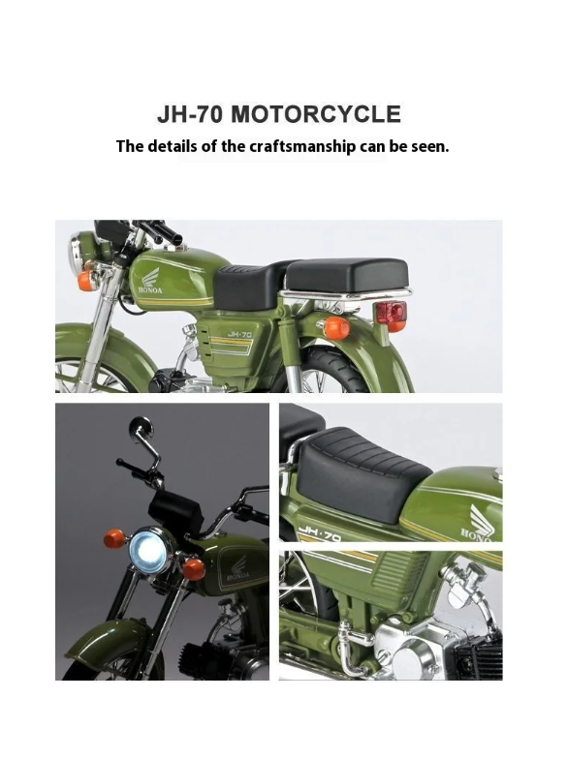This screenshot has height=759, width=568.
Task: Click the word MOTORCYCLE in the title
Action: pyautogui.click(x=316, y=114)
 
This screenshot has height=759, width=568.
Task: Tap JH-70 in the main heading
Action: pyautogui.click(x=190, y=114)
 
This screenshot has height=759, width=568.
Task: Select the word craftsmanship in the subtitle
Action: pyautogui.click(x=302, y=146)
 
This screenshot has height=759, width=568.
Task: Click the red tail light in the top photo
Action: pyautogui.click(x=392, y=312)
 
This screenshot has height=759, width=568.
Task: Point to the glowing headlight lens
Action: pyautogui.click(x=147, y=552)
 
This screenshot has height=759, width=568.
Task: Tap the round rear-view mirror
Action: pyautogui.click(x=141, y=428)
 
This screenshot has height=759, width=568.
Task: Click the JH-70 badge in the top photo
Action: pyautogui.click(x=240, y=334)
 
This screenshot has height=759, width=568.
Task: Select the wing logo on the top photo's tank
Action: pyautogui.click(x=150, y=277)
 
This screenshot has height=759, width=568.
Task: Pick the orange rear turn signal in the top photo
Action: pyautogui.click(x=335, y=327)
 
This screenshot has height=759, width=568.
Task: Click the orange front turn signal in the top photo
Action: pyautogui.click(x=85, y=281)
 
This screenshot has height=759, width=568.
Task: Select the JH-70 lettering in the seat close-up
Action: pyautogui.click(x=320, y=532)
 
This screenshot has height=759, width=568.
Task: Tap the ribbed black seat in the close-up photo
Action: pyautogui.click(x=363, y=471)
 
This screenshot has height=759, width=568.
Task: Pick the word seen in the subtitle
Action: pyautogui.click(x=430, y=146)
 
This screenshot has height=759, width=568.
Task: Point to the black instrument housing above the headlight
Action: pyautogui.click(x=174, y=511)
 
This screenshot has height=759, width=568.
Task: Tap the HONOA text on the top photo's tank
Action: pyautogui.click(x=151, y=290)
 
